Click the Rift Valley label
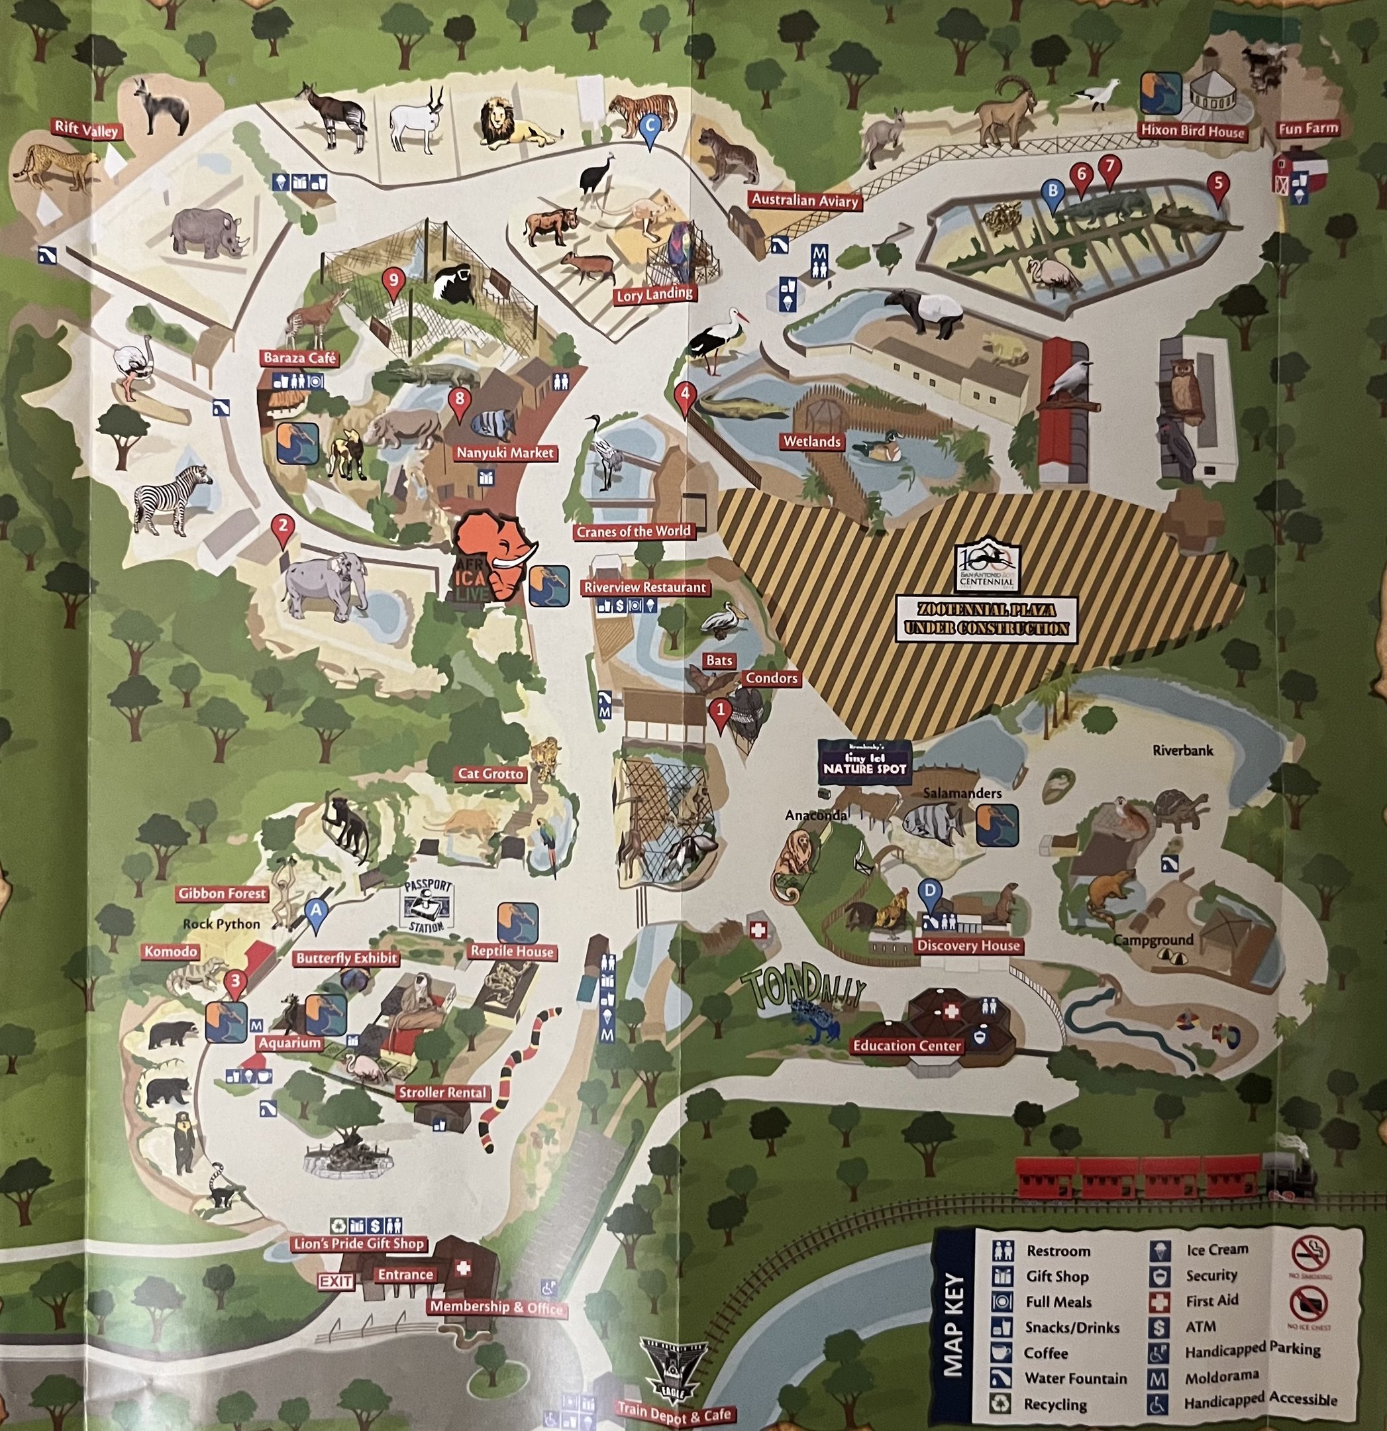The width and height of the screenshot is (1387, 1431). click(86, 130)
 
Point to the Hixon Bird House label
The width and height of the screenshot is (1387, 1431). click(1193, 131)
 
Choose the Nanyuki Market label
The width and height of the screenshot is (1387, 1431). click(505, 452)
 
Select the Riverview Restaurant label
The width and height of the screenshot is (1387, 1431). click(644, 587)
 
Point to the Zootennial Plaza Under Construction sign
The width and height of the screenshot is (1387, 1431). click(986, 617)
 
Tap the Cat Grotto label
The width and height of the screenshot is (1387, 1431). click(491, 774)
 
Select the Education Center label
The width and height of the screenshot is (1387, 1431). click(907, 1045)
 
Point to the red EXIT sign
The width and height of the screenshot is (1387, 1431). click(336, 1281)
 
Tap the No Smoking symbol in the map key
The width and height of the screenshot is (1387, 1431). click(1309, 1253)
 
